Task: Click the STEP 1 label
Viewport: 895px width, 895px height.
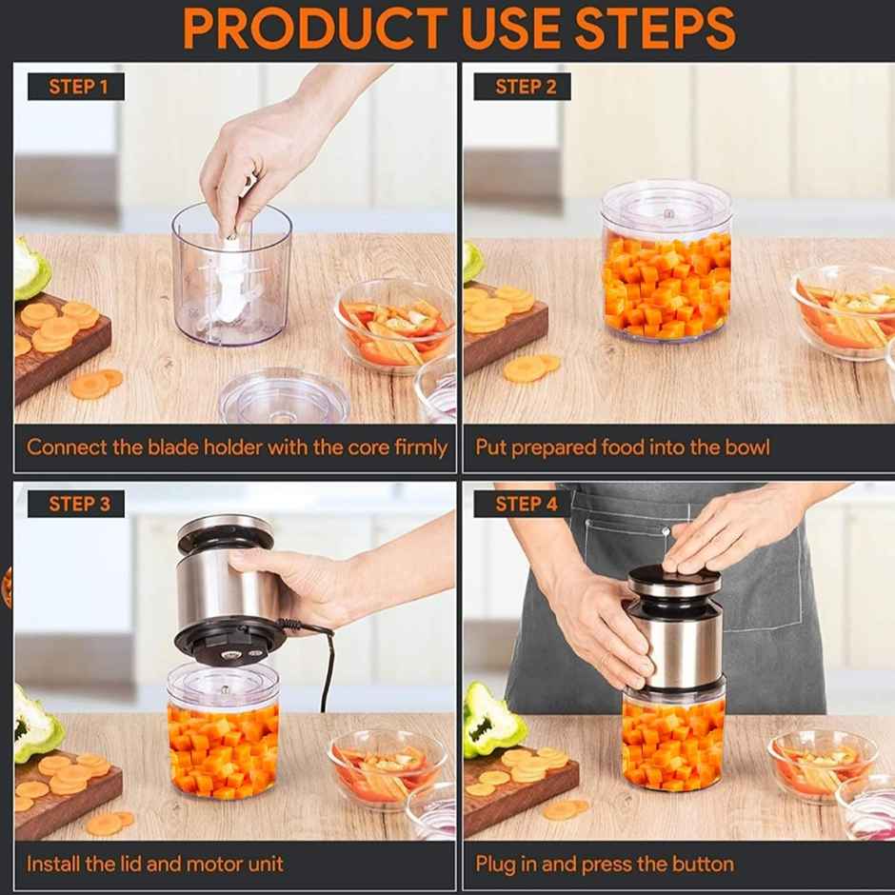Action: pyautogui.click(x=78, y=87)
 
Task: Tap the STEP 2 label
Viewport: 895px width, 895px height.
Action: pyautogui.click(x=526, y=87)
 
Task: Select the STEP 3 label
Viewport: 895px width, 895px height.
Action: pyautogui.click(x=78, y=504)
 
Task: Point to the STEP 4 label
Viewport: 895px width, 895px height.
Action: pyautogui.click(x=526, y=504)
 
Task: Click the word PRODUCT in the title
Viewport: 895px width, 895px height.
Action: pyautogui.click(x=313, y=29)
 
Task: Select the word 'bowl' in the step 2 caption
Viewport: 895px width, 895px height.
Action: pyautogui.click(x=747, y=447)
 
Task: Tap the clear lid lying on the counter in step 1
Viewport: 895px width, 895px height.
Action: pyautogui.click(x=284, y=396)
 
